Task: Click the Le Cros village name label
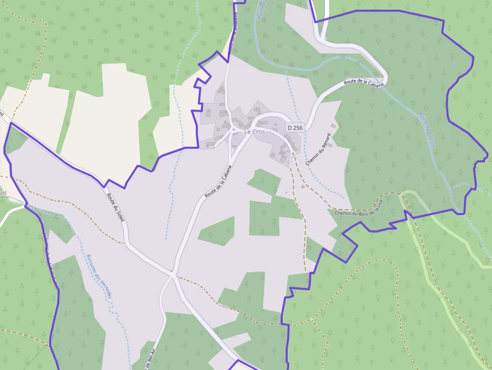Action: tap(255, 132)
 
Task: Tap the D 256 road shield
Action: tap(295, 128)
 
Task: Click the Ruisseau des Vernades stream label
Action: tap(98, 276)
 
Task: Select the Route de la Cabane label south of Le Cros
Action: tap(218, 181)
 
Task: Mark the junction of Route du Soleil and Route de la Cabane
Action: tap(173, 275)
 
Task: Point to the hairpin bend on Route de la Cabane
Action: tap(384, 78)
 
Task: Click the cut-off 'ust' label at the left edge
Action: tap(3, 192)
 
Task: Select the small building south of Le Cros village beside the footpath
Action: tap(303, 187)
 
